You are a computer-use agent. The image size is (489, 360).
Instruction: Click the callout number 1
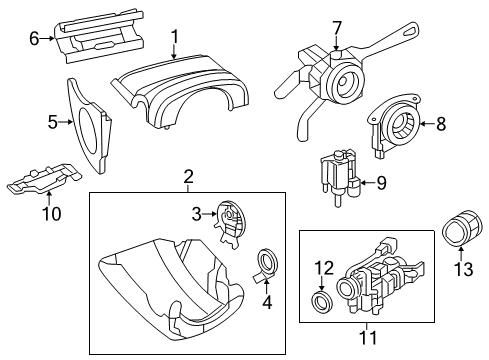(x=175, y=37)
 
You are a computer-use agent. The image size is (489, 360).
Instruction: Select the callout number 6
(x=34, y=39)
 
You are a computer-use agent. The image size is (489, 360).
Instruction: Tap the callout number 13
(x=463, y=269)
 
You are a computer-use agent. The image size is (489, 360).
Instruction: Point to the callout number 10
(x=52, y=214)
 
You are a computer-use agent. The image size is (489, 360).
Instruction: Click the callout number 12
(x=324, y=268)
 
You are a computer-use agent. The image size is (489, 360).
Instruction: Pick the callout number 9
(x=381, y=183)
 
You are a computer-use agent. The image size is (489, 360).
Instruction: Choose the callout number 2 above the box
(x=188, y=177)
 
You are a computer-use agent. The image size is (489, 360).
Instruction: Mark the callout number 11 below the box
(x=368, y=337)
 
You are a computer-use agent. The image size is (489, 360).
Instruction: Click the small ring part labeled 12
(x=321, y=302)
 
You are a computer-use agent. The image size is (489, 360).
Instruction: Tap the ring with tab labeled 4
(x=264, y=265)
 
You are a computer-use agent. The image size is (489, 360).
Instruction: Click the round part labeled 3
(x=230, y=224)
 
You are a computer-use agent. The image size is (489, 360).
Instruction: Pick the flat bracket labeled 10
(x=43, y=179)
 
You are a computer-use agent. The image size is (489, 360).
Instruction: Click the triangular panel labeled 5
(x=89, y=126)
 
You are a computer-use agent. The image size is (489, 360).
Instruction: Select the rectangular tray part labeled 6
(x=99, y=35)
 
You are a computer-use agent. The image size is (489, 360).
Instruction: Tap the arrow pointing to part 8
(x=427, y=124)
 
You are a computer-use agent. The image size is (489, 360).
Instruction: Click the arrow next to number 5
(x=66, y=122)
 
